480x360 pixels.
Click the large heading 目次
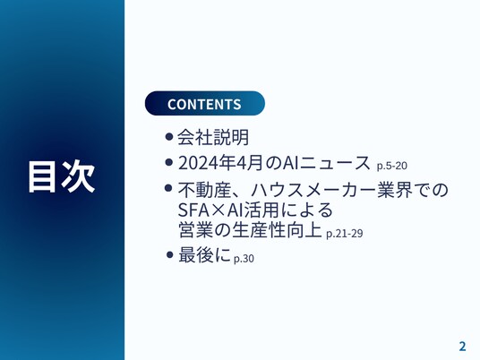click(x=62, y=176)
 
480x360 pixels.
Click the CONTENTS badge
click(x=205, y=104)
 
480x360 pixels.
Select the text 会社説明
click(x=213, y=137)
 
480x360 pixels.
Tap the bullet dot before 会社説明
click(x=168, y=136)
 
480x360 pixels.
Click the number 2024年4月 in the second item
click(x=220, y=163)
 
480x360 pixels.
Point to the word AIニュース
click(x=326, y=163)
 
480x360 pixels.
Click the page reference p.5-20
click(x=392, y=166)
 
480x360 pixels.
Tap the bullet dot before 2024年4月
click(x=168, y=162)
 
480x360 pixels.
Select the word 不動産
click(x=204, y=190)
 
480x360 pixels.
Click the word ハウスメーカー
click(x=313, y=190)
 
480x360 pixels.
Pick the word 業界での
click(x=413, y=190)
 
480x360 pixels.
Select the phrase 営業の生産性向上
click(x=250, y=229)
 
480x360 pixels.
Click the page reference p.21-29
click(x=345, y=233)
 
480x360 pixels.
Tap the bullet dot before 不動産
click(x=168, y=188)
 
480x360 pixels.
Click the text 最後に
click(x=204, y=255)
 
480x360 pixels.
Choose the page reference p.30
click(x=244, y=259)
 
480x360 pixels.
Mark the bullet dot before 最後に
click(x=169, y=254)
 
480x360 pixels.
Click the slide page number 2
click(x=462, y=346)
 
